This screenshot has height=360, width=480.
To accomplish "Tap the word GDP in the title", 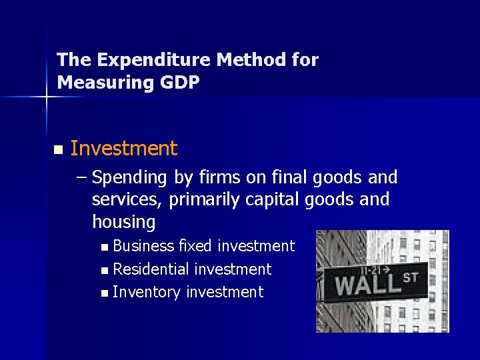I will pos(178,83).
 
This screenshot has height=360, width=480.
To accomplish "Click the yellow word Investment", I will pos(123,149).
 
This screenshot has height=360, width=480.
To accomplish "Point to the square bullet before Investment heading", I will pos(58,149).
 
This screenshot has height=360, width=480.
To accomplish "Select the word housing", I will pos(123,222).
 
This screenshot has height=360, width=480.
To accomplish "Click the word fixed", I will pos(195,246).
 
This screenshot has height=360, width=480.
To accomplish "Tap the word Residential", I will pos(151,269).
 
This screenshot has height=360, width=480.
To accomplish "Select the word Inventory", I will pos(147,292).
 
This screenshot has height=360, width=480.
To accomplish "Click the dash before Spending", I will pos(82,178).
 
